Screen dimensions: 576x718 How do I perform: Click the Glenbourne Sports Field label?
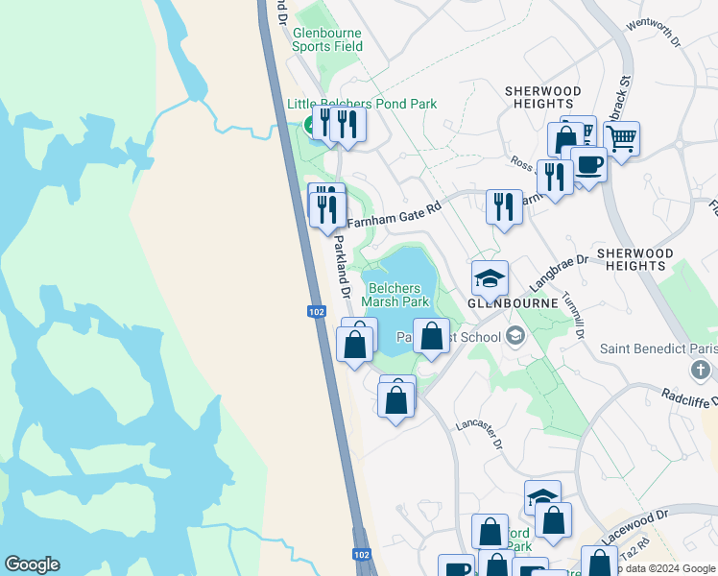[327, 38]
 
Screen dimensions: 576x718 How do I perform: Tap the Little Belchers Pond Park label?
[362, 104]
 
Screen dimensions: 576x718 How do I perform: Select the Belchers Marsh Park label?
[395, 294]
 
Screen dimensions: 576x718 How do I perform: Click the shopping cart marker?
[621, 139]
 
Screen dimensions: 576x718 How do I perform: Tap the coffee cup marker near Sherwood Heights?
[588, 164]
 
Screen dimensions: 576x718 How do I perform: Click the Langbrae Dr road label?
[558, 272]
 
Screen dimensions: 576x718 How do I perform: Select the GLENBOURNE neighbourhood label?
[513, 302]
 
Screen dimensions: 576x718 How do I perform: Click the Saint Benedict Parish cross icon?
[702, 369]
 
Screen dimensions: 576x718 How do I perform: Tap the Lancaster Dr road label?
[479, 431]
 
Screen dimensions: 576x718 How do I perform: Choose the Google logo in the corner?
[32, 564]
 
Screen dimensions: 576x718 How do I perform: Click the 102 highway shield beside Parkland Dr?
[317, 311]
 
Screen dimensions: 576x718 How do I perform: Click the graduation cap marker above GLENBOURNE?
[490, 278]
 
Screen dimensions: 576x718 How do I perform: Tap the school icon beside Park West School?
[515, 336]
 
